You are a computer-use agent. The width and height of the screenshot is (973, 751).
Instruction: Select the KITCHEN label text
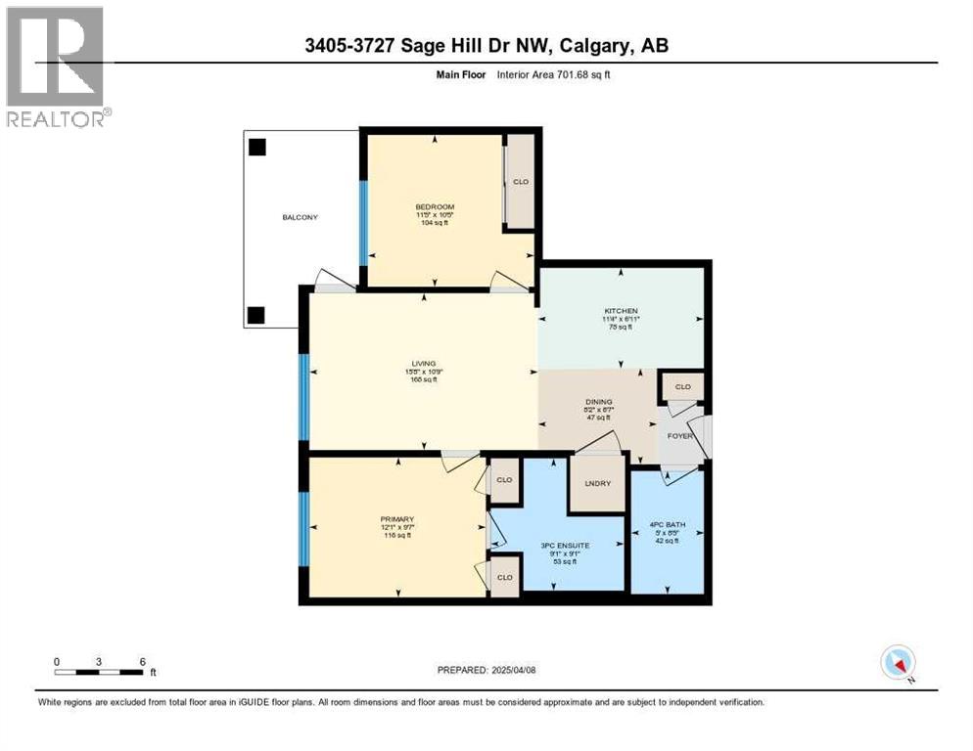(x=620, y=310)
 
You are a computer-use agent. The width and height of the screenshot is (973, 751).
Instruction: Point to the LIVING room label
(x=423, y=364)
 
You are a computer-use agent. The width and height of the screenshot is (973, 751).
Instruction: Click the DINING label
(x=598, y=401)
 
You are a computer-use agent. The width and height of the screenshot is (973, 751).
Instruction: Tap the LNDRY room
(x=597, y=483)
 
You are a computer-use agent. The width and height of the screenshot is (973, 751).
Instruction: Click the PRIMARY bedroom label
(x=397, y=519)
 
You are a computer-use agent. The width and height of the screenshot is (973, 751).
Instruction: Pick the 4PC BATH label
(x=669, y=525)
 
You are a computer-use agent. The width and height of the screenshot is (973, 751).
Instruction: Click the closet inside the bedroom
(x=521, y=181)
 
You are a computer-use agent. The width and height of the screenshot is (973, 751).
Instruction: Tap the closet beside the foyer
(x=682, y=387)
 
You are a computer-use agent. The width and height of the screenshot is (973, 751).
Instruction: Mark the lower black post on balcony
(x=256, y=315)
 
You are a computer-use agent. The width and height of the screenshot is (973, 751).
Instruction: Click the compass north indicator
(x=898, y=662)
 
